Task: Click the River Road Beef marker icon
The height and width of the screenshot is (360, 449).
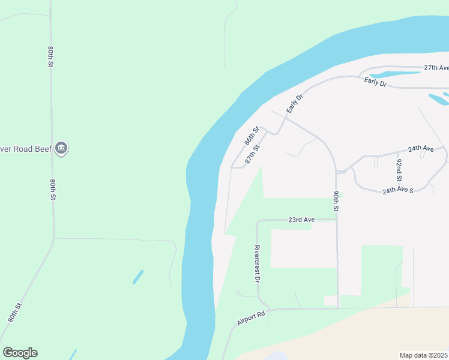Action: (61, 148)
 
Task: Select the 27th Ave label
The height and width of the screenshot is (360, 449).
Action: (436, 68)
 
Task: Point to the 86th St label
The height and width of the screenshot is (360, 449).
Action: (252, 136)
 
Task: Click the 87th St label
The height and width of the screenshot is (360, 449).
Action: (253, 155)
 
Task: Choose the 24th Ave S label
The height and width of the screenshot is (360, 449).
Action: (399, 190)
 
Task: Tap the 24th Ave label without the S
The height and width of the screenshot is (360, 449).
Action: (420, 148)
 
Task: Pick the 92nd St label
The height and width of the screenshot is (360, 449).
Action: (398, 170)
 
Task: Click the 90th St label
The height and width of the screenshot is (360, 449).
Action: (336, 202)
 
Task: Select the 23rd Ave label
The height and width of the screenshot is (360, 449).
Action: (301, 220)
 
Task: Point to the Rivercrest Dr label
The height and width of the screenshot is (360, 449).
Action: (257, 264)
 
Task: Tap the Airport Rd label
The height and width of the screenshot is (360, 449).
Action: (251, 318)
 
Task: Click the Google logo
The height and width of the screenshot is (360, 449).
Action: (20, 353)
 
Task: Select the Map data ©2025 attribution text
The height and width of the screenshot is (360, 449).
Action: (424, 355)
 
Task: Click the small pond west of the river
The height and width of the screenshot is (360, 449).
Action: (138, 277)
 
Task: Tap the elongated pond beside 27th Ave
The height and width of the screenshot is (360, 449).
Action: (394, 74)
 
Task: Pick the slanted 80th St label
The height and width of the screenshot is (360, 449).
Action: (14, 313)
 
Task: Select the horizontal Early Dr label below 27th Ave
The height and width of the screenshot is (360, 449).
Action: (375, 82)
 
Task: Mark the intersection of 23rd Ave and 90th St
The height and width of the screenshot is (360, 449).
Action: (337, 220)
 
